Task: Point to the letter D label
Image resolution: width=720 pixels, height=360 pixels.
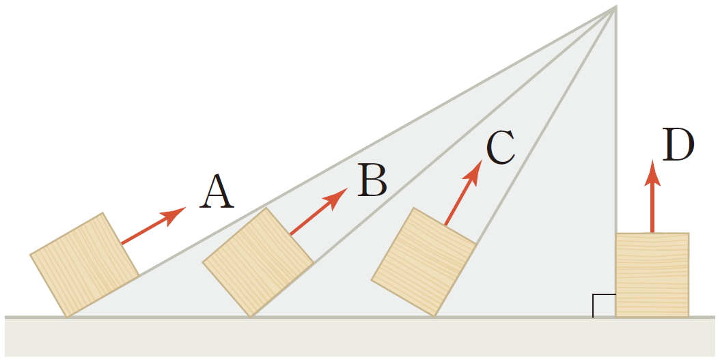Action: [x=678, y=146]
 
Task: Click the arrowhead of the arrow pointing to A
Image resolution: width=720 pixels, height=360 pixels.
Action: [x=176, y=212]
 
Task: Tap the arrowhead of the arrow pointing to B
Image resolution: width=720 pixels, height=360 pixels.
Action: [x=338, y=197]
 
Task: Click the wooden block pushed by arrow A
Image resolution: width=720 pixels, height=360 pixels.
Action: [x=84, y=265]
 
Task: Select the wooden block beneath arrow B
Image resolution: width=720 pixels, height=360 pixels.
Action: [x=258, y=262]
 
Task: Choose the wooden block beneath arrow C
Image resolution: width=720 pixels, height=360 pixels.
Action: [x=424, y=262]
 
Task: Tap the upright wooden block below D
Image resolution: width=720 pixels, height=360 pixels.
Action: [x=652, y=275]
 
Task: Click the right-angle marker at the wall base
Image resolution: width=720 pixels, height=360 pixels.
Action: [x=604, y=306]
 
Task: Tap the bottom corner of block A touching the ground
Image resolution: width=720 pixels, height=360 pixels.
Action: [x=67, y=316]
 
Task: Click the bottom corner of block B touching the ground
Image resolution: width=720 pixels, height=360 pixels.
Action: [x=251, y=316]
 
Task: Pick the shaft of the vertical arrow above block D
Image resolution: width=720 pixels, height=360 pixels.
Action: [x=653, y=208]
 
